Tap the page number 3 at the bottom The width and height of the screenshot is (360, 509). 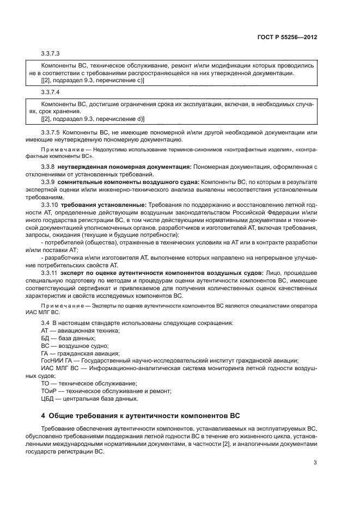tap(315, 463)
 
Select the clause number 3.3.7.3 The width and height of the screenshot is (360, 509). tap(50, 54)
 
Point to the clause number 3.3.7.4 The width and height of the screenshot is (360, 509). tap(50, 92)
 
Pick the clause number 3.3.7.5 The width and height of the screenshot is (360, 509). tap(51, 132)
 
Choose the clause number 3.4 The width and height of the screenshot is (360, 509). tap(46, 323)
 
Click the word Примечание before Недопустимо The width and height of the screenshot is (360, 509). tap(60, 148)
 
